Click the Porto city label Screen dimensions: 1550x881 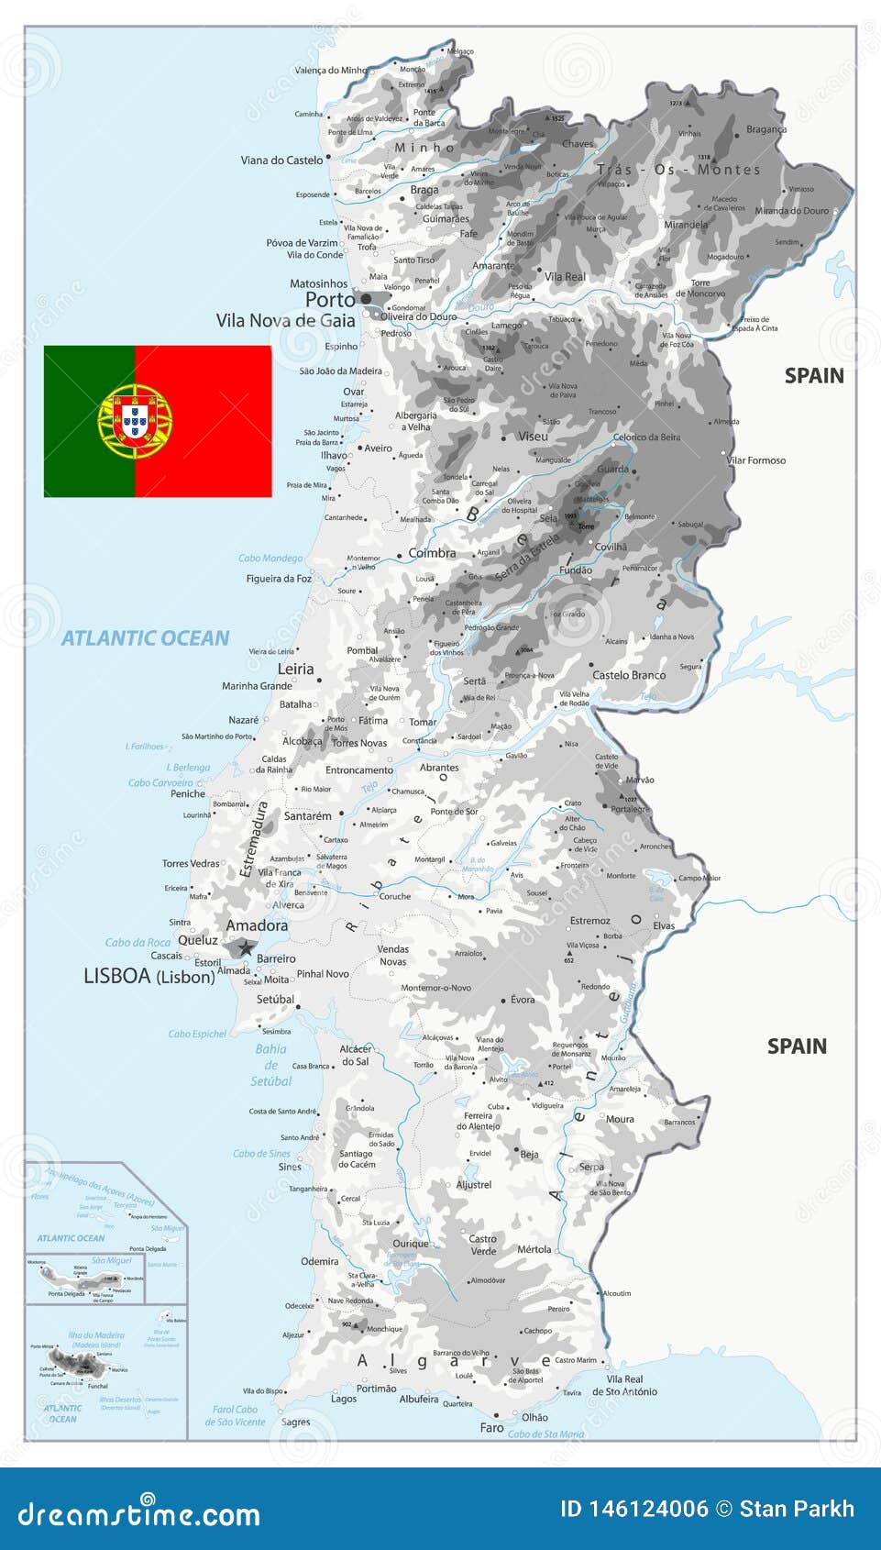[x=329, y=300]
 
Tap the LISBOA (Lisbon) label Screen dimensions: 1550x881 [x=149, y=977]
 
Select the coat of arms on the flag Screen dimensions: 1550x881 [x=135, y=422]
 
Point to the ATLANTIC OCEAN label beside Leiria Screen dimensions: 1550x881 [x=145, y=638]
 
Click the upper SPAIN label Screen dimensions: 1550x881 [x=813, y=375]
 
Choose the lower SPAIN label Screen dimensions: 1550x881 [x=796, y=1046]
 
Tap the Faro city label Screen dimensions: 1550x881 [x=491, y=1428]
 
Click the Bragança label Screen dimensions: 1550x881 [x=765, y=129]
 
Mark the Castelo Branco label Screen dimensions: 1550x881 [x=629, y=675]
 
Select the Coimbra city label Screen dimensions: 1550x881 [x=432, y=553]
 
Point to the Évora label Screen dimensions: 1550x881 [x=523, y=1000]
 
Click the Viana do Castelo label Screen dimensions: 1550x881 [x=281, y=160]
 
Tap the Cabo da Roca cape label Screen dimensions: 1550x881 [x=138, y=942]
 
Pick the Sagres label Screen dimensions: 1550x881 [x=295, y=1422]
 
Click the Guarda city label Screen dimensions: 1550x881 [x=612, y=469]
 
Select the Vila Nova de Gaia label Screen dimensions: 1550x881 [x=285, y=321]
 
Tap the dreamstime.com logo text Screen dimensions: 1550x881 [x=139, y=1514]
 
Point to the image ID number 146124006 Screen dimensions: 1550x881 [x=634, y=1509]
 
